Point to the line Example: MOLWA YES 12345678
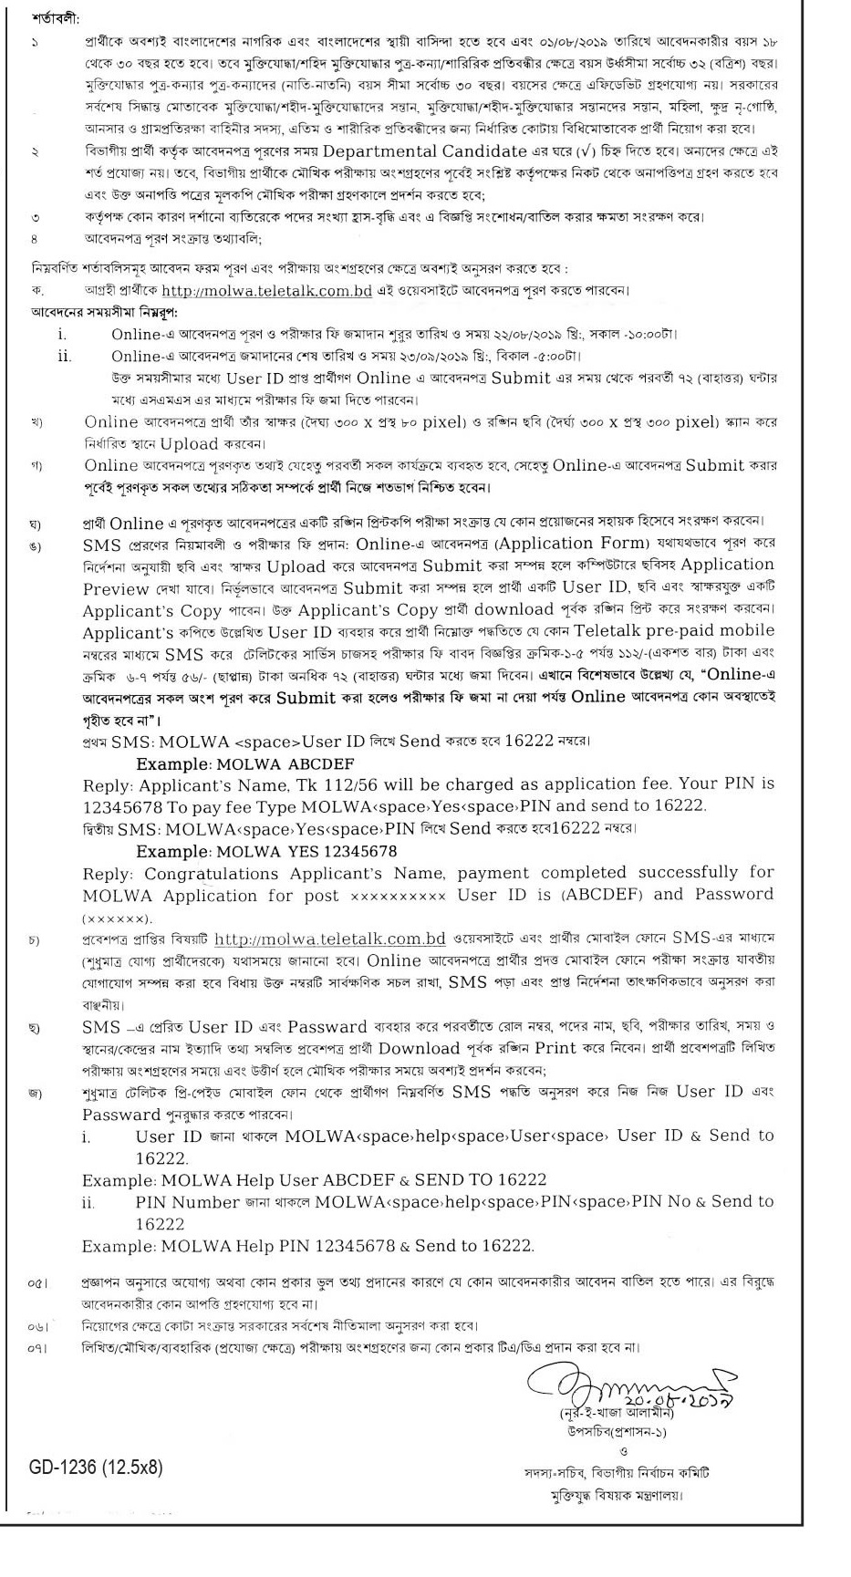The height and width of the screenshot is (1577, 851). (x=266, y=852)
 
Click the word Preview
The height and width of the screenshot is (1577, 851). (x=116, y=588)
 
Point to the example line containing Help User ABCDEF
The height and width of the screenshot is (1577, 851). (x=314, y=1179)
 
